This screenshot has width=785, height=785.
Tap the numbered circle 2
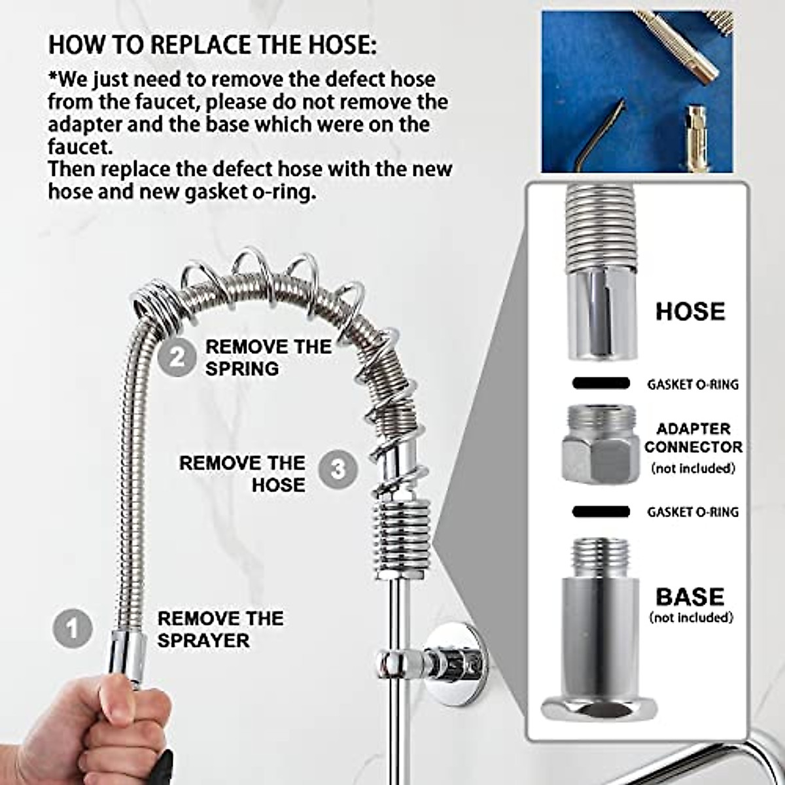click(x=177, y=357)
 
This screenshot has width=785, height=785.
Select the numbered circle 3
click(x=338, y=469)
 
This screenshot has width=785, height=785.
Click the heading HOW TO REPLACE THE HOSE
click(x=213, y=45)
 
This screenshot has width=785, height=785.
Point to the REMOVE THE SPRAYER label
click(x=220, y=629)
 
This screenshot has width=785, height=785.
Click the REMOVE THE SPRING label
click(x=268, y=357)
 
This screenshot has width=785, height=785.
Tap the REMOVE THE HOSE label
click(x=242, y=474)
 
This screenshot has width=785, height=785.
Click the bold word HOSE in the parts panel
click(x=690, y=311)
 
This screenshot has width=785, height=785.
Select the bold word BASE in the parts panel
click(x=690, y=597)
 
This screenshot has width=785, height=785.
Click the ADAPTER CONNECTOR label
click(x=693, y=438)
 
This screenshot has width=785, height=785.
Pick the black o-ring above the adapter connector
click(x=601, y=383)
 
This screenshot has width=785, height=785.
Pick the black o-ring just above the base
click(x=601, y=511)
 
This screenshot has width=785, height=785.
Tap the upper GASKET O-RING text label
click(x=693, y=384)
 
